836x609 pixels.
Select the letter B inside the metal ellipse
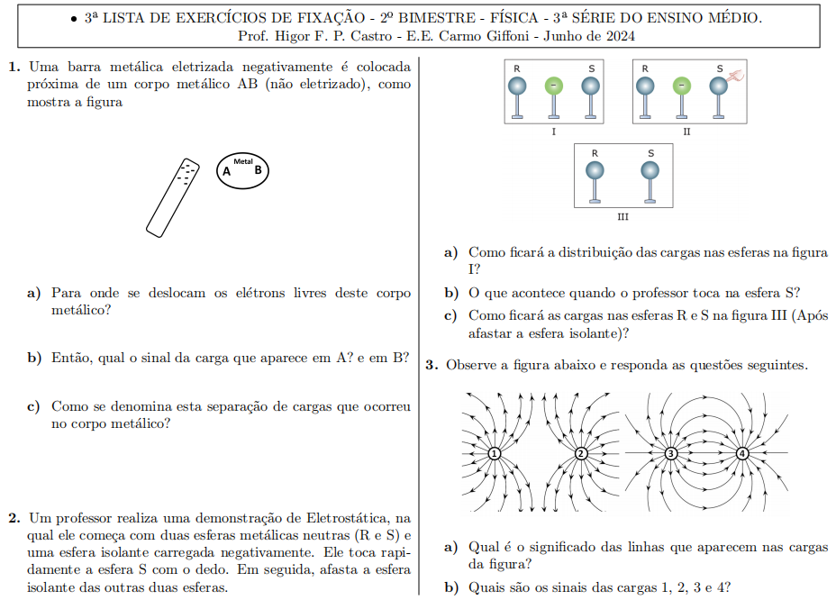pyautogui.click(x=258, y=169)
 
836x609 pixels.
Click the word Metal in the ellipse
pyautogui.click(x=242, y=161)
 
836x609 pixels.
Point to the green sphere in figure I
pyautogui.click(x=554, y=86)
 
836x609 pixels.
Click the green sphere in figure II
pyautogui.click(x=682, y=86)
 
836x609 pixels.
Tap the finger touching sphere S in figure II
pyautogui.click(x=735, y=77)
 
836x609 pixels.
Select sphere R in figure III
pyautogui.click(x=594, y=169)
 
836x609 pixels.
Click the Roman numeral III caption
pyautogui.click(x=622, y=217)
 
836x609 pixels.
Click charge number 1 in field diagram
pyautogui.click(x=494, y=453)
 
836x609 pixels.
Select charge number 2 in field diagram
pyautogui.click(x=581, y=453)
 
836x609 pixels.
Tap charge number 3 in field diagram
pyautogui.click(x=670, y=453)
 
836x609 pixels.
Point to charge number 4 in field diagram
pyautogui.click(x=742, y=453)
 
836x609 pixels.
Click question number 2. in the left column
pyautogui.click(x=14, y=518)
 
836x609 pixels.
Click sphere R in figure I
pyautogui.click(x=517, y=86)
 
